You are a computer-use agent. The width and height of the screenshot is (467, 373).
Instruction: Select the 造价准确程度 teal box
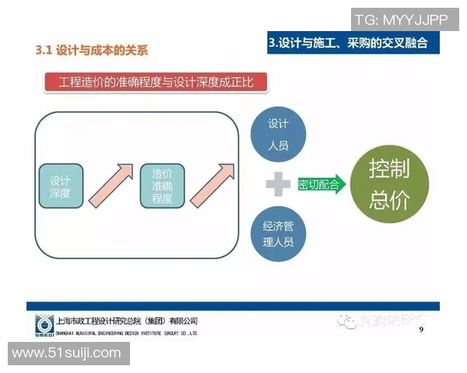point(163,185)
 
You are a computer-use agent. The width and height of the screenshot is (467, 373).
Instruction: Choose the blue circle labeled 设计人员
point(278,134)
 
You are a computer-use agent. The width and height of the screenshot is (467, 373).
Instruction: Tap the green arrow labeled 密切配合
point(320,185)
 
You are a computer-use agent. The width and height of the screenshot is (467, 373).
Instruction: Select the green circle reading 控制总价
point(389,184)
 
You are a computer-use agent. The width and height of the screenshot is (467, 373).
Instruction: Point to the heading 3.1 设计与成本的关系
point(92,51)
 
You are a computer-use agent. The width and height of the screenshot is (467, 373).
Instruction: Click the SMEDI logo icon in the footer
point(45,325)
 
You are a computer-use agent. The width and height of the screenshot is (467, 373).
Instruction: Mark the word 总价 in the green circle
point(389,200)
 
